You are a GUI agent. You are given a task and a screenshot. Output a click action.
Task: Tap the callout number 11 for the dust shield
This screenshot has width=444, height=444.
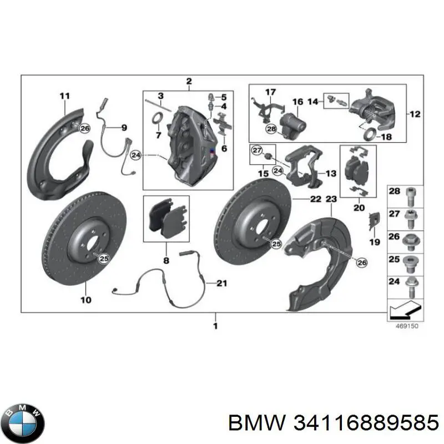coord(65,96)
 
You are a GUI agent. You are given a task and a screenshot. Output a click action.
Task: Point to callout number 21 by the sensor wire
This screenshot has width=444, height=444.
coord(221,284)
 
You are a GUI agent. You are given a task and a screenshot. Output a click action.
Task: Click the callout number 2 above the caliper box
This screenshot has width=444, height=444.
coord(189,82)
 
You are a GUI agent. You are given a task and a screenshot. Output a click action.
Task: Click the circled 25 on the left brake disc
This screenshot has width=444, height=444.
coord(103,256)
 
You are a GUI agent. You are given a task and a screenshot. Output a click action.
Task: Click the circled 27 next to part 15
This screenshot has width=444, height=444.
coord(256,150)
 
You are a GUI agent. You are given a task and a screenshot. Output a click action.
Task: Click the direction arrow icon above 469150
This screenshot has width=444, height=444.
coord(405,310)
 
